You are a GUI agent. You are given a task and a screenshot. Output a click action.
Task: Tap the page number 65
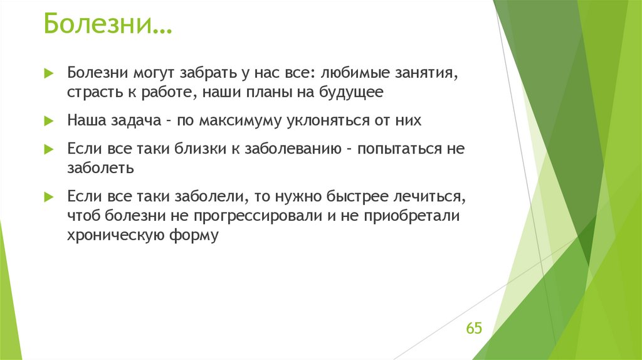click(x=473, y=329)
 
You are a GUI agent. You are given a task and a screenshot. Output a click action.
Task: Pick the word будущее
click(x=350, y=93)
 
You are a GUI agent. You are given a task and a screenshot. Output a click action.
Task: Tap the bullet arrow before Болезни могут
click(x=50, y=74)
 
